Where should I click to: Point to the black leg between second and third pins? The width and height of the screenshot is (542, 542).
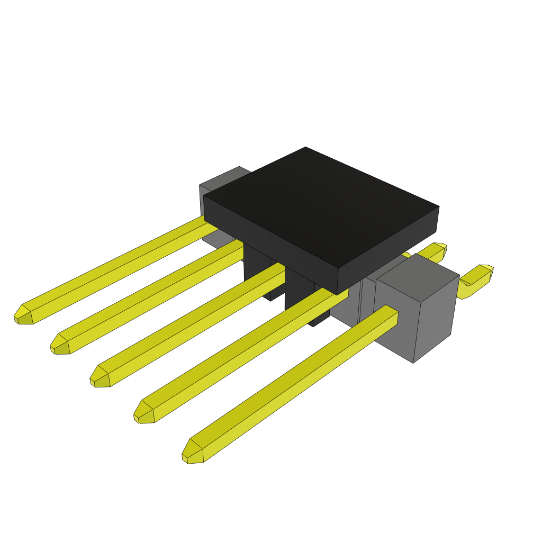(x=257, y=270)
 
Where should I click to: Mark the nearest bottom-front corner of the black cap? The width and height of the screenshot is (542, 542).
(x=338, y=294)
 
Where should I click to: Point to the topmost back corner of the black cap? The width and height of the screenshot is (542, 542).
(x=306, y=148)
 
